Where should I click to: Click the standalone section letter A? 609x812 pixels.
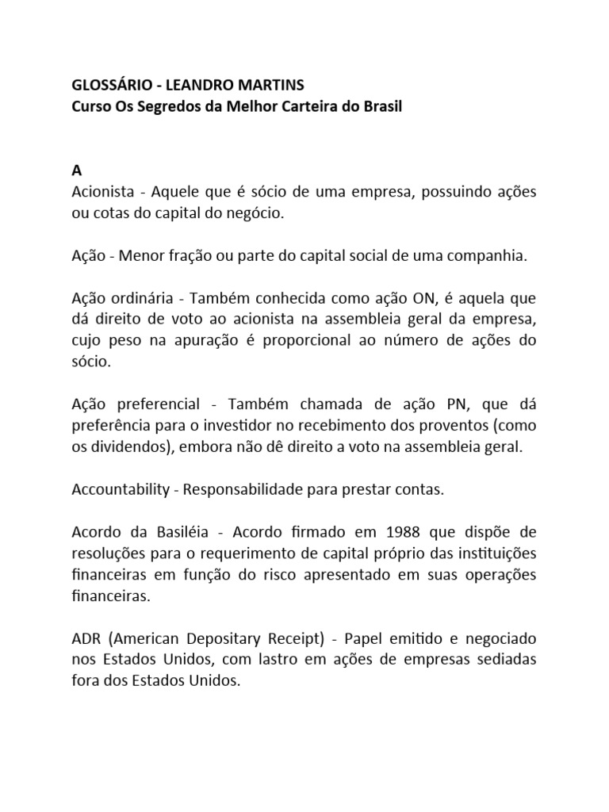(77, 170)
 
